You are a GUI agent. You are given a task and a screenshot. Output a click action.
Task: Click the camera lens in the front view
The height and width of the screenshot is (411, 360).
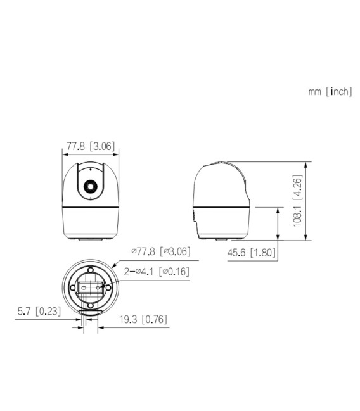(x=89, y=186)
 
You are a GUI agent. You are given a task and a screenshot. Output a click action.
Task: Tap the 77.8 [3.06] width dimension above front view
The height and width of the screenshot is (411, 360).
(x=90, y=146)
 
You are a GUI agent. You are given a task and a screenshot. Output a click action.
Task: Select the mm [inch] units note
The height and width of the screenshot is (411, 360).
(x=330, y=91)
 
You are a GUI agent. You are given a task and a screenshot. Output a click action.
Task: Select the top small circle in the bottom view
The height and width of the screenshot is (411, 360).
(x=90, y=271)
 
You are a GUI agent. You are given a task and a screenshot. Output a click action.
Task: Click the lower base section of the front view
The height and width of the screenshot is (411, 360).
(x=89, y=222)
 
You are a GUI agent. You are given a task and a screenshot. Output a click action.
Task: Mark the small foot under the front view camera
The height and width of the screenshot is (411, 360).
(x=89, y=239)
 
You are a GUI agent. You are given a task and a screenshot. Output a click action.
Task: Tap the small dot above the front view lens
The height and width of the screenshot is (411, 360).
(x=89, y=170)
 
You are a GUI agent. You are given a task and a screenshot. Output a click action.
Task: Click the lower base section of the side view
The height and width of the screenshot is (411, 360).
(x=225, y=222)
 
